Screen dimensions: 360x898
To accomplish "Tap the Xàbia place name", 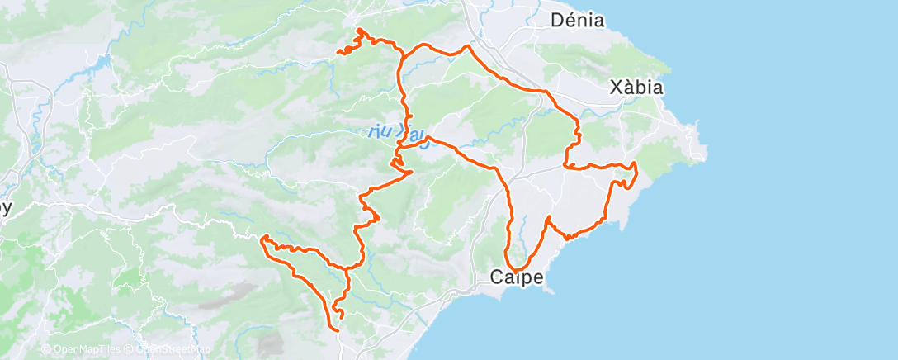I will click(x=636, y=87).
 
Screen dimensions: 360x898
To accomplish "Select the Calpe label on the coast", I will click(x=517, y=277).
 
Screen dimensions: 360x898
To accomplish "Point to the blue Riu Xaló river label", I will click(x=397, y=133).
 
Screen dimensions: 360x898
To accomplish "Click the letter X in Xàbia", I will click(x=614, y=87).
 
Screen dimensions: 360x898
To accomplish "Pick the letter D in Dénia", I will click(x=557, y=21).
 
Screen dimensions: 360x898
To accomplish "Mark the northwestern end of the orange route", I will click(x=338, y=53).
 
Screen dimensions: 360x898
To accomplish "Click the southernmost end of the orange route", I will click(x=338, y=329).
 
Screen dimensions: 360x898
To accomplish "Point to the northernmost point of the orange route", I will click(x=359, y=30).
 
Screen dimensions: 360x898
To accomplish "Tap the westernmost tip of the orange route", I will click(x=262, y=239).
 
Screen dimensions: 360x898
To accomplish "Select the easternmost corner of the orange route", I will click(x=637, y=167).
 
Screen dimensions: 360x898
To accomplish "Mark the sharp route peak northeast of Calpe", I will click(x=548, y=217).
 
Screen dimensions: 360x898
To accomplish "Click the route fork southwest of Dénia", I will click(x=403, y=56).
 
